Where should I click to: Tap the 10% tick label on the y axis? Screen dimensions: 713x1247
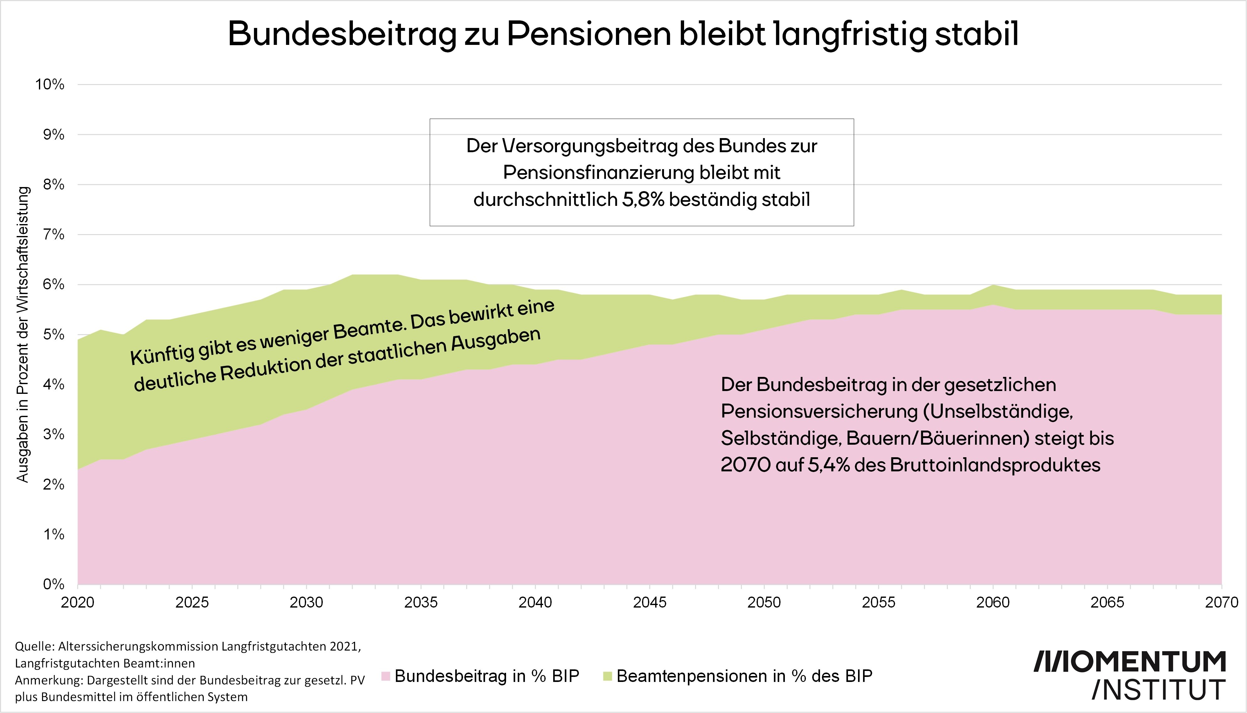[x=50, y=84]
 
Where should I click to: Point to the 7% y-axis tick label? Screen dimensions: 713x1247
[x=53, y=234]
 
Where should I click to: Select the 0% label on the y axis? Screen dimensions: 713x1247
[x=53, y=584]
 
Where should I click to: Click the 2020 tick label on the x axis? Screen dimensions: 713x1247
[x=77, y=602]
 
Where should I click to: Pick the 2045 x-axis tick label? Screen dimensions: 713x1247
[x=650, y=602]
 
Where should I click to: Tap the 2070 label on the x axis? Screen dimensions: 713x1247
[x=1221, y=602]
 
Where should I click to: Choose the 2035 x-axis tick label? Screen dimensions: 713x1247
[x=421, y=602]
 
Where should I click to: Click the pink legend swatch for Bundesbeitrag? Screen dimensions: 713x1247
[x=386, y=676]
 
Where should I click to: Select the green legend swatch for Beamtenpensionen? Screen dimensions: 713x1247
[x=607, y=676]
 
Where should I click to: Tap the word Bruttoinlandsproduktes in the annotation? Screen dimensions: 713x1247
[x=995, y=465]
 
